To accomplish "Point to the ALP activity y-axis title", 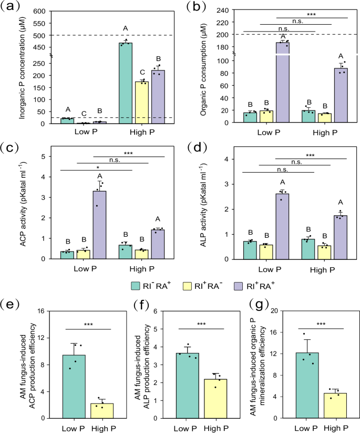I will [207, 204].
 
